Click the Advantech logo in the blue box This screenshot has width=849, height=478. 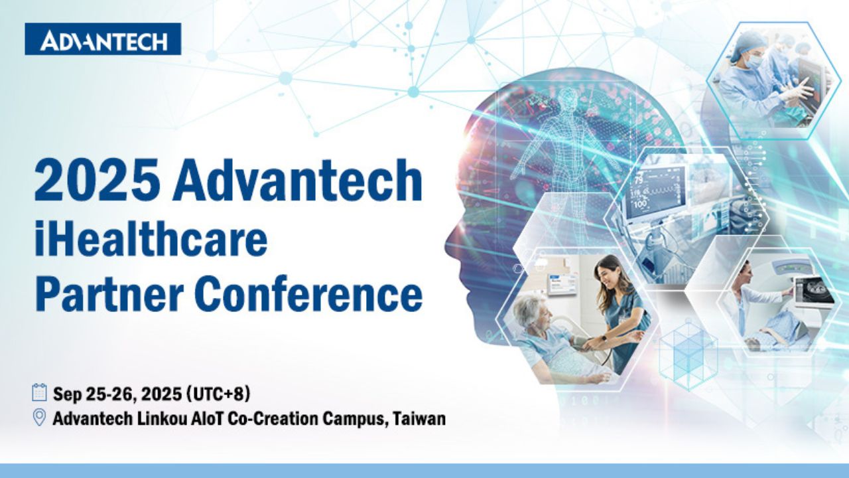point(103,39)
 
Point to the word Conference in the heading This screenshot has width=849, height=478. point(310,293)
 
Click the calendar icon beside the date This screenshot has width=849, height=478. point(39,392)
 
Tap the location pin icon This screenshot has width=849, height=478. point(39,418)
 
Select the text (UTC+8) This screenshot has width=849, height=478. point(219,394)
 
